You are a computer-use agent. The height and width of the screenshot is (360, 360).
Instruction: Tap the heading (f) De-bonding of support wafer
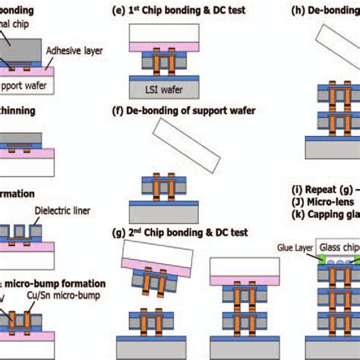(x=193, y=112)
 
